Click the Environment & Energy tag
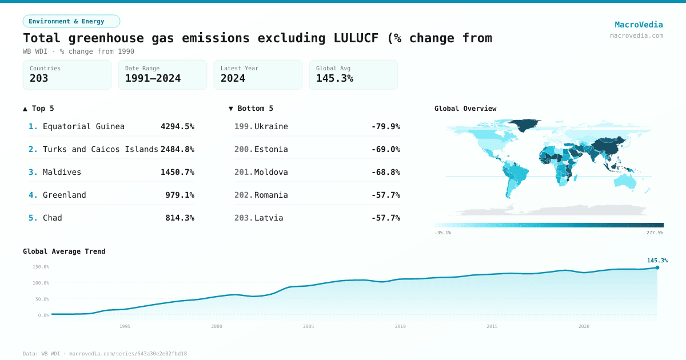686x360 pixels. [71, 21]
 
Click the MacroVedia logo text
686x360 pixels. [639, 25]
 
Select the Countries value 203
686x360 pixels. [39, 78]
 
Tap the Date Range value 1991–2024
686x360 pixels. [153, 78]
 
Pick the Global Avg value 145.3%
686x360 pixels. [334, 78]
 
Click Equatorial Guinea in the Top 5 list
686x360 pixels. [83, 126]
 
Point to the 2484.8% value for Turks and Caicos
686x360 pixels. [177, 149]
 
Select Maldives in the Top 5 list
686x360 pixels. [62, 172]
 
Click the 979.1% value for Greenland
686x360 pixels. [180, 195]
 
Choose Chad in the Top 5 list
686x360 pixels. [53, 218]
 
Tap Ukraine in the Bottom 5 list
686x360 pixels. [271, 126]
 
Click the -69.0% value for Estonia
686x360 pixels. [385, 149]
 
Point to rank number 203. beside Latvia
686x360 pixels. [244, 218]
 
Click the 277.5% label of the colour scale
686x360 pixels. [655, 233]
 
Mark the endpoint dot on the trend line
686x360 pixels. [657, 267]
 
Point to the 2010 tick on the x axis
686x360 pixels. [400, 326]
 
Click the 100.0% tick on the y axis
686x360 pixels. [41, 283]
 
